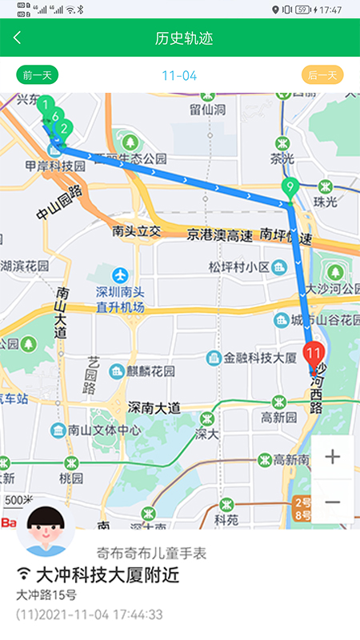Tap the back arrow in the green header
(18, 38)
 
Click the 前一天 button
(38, 76)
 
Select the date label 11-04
(179, 76)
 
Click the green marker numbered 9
(290, 190)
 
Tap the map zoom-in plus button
(332, 457)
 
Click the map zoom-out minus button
(332, 502)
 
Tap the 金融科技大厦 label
(262, 357)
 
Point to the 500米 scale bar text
(18, 499)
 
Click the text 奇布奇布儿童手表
(151, 552)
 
